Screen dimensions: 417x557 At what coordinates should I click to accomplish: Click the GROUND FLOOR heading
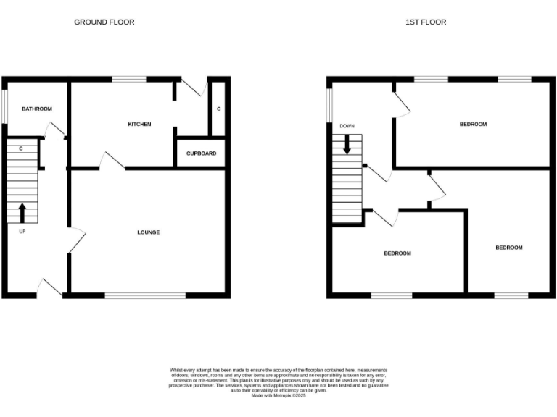104,22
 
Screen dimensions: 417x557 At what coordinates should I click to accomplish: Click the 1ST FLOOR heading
426,22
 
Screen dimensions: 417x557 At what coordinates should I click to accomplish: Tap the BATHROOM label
37,109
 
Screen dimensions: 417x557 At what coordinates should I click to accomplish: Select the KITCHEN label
139,125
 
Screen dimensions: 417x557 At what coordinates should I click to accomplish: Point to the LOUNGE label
149,232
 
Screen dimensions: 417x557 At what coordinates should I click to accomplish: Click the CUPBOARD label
201,153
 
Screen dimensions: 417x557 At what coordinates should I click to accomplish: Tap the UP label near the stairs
22,232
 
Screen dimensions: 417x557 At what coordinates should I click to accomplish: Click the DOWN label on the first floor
347,127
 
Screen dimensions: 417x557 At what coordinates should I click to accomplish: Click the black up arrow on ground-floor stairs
22,212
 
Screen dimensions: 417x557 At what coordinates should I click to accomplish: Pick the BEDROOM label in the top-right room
473,125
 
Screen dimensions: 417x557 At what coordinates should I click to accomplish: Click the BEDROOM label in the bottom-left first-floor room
397,253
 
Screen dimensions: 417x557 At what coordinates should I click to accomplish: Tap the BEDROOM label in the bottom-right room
508,248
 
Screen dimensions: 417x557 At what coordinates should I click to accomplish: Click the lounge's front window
145,295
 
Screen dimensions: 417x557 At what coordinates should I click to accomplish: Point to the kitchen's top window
128,78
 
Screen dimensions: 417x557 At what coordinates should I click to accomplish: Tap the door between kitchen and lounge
112,162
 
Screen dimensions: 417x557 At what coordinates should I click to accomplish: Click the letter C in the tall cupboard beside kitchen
218,109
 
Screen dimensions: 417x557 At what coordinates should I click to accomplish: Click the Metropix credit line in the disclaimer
278,395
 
